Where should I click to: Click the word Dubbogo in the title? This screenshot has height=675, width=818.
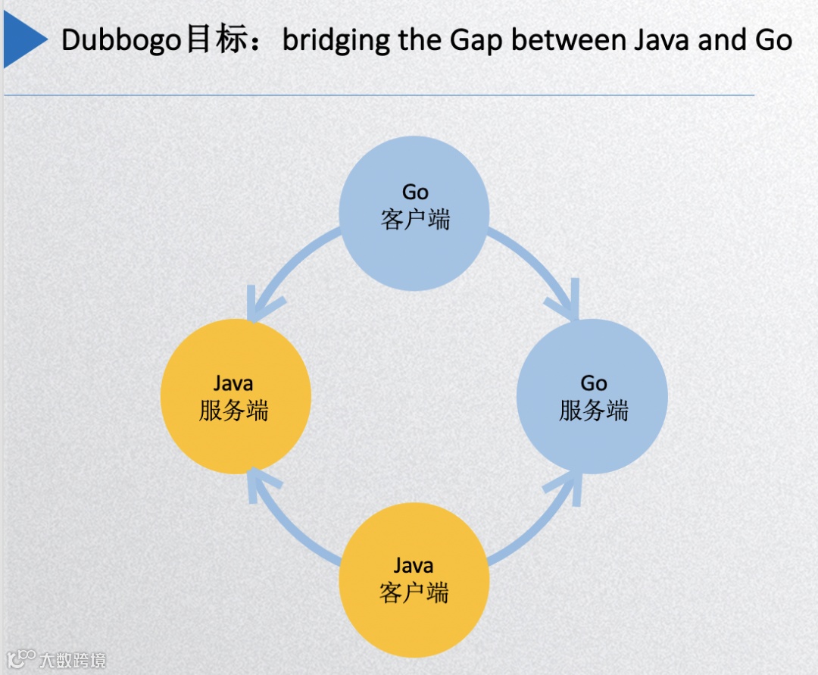(121, 39)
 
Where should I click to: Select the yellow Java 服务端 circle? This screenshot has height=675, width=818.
(236, 396)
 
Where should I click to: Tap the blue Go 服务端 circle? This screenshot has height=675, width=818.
(592, 396)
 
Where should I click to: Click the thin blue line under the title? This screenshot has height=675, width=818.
(379, 95)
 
